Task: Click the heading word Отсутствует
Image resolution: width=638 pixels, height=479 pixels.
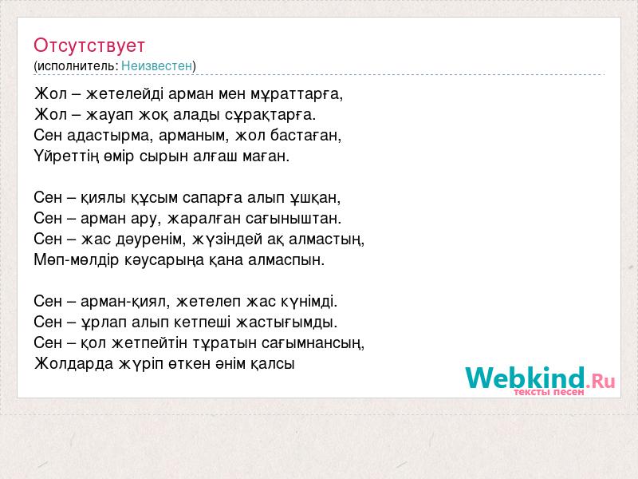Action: pyautogui.click(x=89, y=46)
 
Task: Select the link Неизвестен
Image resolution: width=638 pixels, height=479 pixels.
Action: pyautogui.click(x=156, y=65)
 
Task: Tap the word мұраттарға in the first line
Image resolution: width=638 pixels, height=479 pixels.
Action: pyautogui.click(x=297, y=94)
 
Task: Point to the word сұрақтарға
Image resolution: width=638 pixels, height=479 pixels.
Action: pyautogui.click(x=270, y=115)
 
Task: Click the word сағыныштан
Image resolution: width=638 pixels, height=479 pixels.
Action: pyautogui.click(x=293, y=219)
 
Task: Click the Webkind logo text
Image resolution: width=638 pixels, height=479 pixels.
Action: pyautogui.click(x=526, y=378)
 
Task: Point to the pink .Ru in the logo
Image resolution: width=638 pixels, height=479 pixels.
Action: pyautogui.click(x=601, y=381)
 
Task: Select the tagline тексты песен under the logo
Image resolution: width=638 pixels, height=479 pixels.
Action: pyautogui.click(x=549, y=392)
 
